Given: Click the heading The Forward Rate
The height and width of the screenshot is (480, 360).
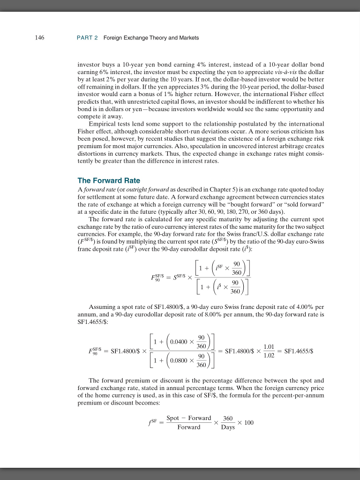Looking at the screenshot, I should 109,180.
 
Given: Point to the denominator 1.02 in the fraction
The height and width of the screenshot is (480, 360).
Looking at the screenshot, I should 269,356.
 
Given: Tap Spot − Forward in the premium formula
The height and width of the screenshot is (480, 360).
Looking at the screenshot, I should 189,418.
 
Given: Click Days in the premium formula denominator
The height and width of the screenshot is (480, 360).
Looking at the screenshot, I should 228,427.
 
